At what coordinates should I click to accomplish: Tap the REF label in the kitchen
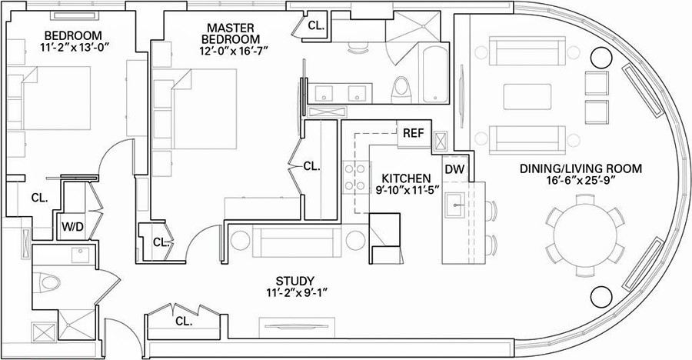point(413,132)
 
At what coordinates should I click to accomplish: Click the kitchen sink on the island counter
point(455,203)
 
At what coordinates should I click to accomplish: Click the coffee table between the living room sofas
point(527,98)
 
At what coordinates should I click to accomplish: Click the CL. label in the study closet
point(183,321)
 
